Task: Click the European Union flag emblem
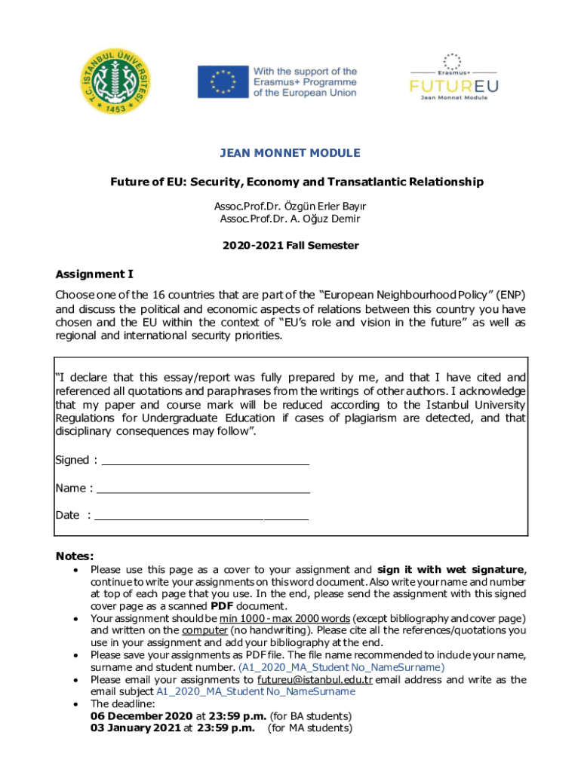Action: [222, 82]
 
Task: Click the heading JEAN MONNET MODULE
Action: [290, 153]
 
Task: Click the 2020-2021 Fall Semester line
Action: [290, 246]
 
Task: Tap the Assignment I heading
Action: [95, 274]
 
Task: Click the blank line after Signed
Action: [205, 461]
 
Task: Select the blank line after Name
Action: [204, 489]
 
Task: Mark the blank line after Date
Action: [201, 516]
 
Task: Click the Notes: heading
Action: [75, 556]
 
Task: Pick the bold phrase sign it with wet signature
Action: [450, 570]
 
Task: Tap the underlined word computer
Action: [205, 630]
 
